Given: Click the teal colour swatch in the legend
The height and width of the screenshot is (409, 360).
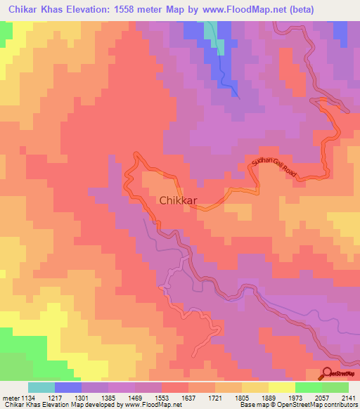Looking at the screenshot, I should coord(41,387).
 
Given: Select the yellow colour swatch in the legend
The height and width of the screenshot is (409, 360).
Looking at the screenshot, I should coord(281,387).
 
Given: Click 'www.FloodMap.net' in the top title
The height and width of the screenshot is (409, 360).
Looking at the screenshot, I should coord(231,9).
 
